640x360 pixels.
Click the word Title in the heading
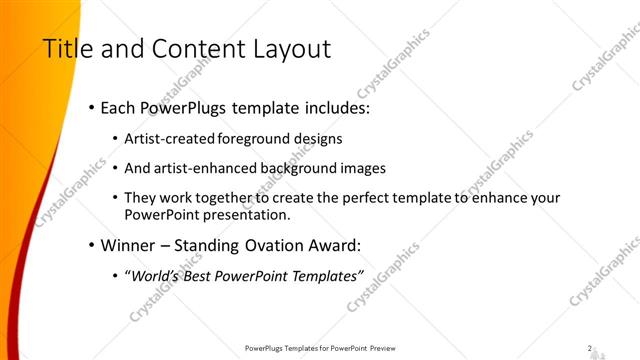pos(64,49)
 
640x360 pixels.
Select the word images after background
pos(363,169)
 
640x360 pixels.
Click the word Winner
pos(128,245)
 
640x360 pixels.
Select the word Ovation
pos(257,245)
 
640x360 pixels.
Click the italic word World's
pos(154,276)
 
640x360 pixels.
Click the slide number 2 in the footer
pos(591,349)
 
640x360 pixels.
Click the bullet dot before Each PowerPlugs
pos(92,107)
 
